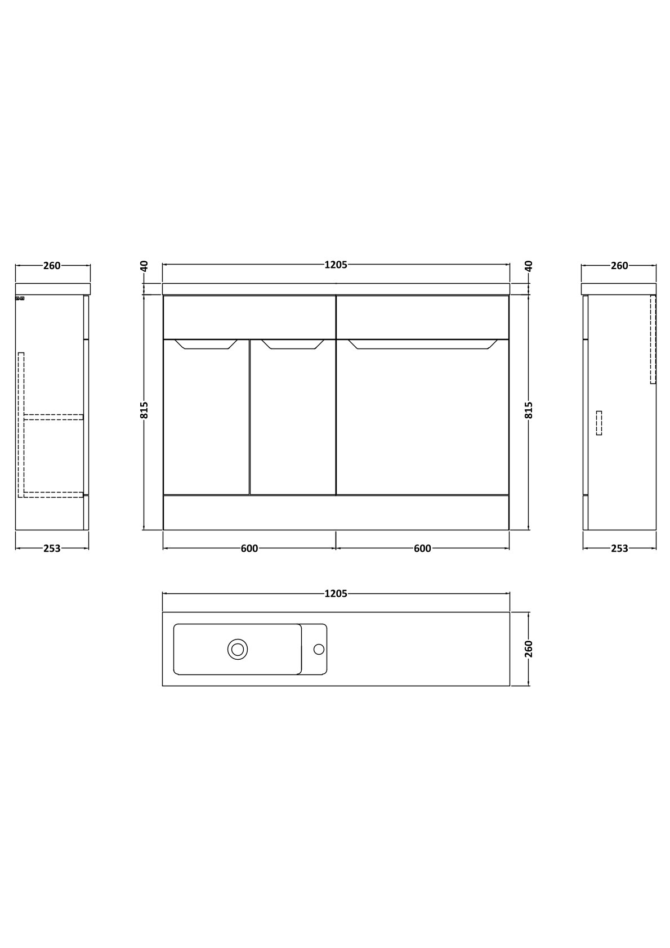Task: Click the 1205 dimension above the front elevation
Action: (336, 265)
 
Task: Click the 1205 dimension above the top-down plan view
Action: (336, 593)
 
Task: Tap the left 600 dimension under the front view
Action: (249, 548)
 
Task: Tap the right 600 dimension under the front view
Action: (422, 548)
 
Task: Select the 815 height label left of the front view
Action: (144, 410)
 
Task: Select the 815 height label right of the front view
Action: (529, 410)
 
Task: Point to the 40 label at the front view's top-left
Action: (144, 266)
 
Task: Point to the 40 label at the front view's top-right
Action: (529, 266)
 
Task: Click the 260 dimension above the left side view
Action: (52, 266)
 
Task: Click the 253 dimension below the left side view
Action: (52, 548)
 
